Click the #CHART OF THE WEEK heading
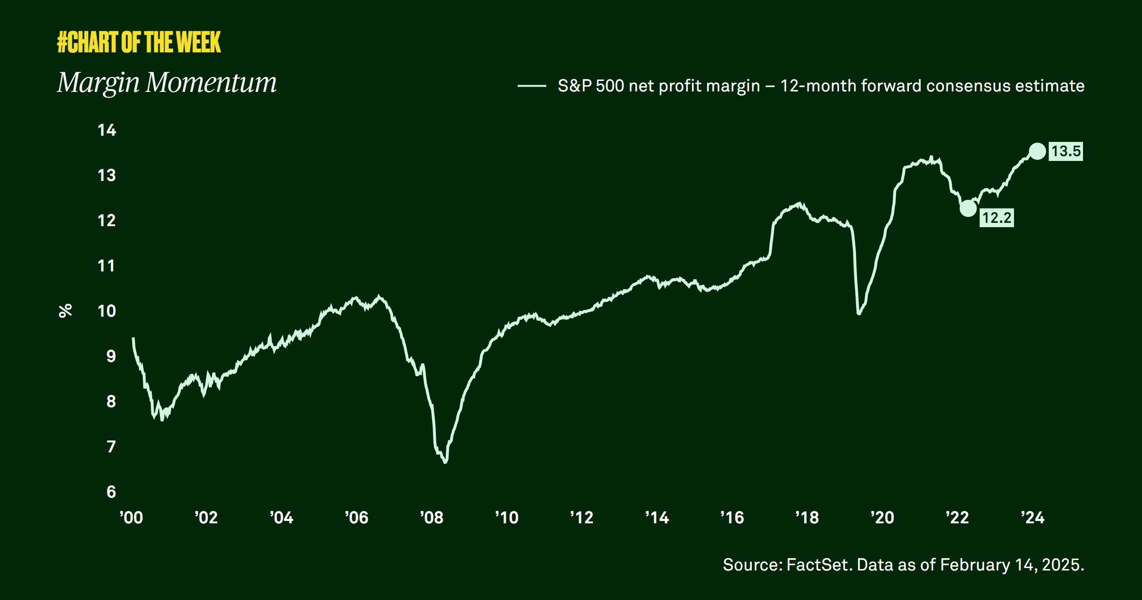pos(139,42)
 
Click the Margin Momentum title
pos(167,83)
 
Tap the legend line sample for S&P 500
pos(532,86)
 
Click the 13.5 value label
pos(1066,151)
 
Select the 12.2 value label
pos(996,218)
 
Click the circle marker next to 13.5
pos(1037,151)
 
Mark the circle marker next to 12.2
pos(968,208)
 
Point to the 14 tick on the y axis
pos(107,130)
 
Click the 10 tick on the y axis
pos(107,311)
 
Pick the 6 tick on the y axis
pos(111,492)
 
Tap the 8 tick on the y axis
pos(111,401)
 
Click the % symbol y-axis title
pos(65,310)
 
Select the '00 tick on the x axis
pos(131,518)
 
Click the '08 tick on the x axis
pos(432,518)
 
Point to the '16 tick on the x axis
pos(732,518)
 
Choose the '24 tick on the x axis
pos(1033,518)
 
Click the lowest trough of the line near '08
pos(445,462)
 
